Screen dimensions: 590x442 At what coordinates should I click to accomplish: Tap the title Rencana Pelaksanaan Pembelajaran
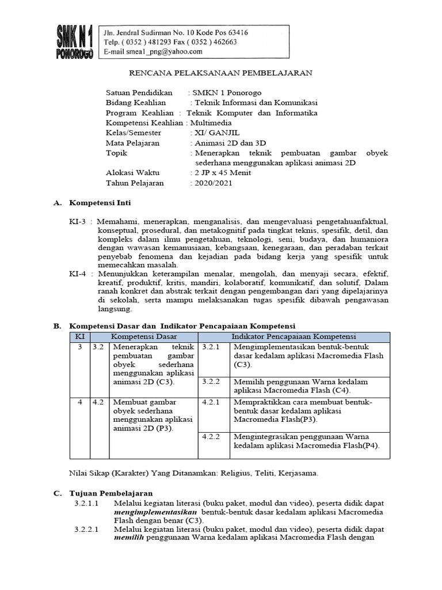coord(219,73)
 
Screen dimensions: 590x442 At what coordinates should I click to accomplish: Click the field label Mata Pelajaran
coord(133,143)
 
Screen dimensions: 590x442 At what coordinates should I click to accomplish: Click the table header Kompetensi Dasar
coord(144,336)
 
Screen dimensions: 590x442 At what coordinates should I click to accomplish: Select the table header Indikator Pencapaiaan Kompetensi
coord(294,336)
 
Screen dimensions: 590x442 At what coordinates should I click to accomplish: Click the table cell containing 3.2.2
coord(212,382)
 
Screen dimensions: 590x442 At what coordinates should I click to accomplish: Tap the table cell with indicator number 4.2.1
coord(212,402)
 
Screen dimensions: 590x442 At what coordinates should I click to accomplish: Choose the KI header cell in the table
coord(79,336)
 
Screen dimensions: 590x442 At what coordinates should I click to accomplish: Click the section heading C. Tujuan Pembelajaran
coord(103,493)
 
